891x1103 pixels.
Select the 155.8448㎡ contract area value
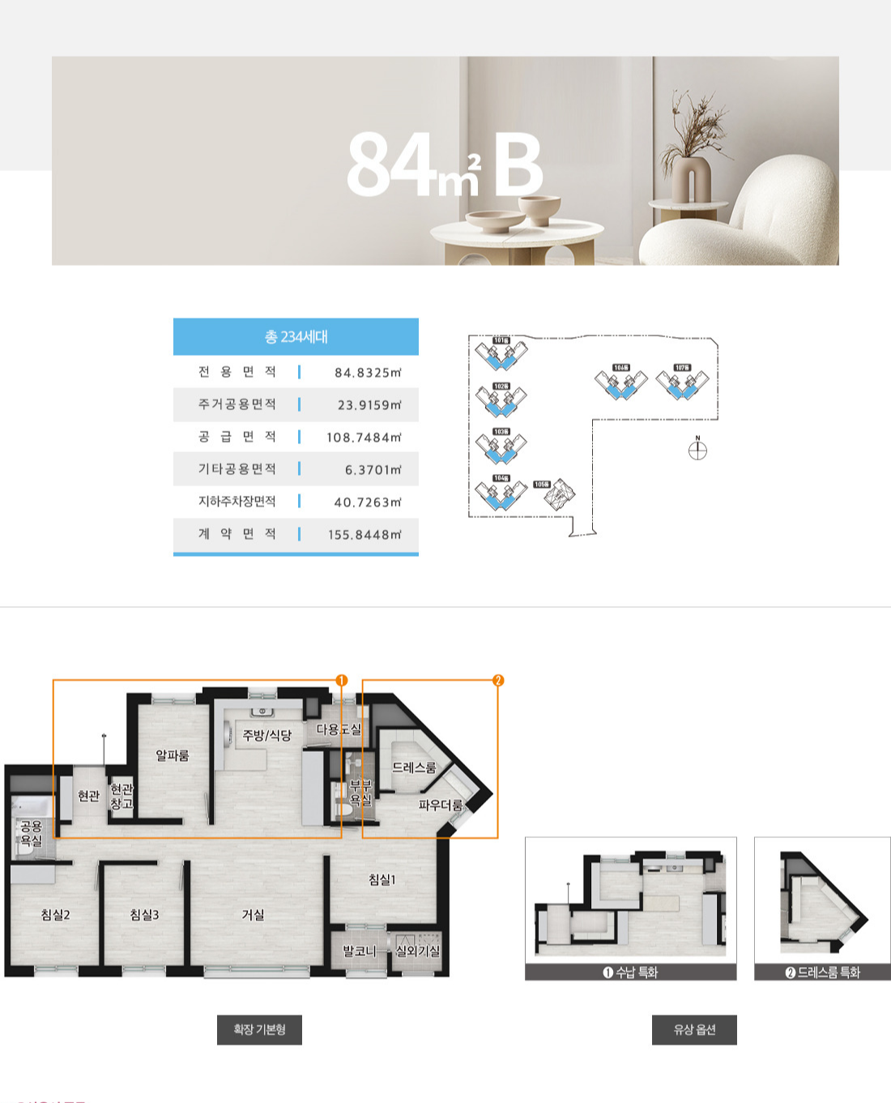(x=364, y=535)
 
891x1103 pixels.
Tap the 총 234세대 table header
(x=296, y=336)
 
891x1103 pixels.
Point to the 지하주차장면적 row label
(x=237, y=502)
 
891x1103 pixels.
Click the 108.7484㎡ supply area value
(x=364, y=438)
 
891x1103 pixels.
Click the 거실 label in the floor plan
(x=253, y=914)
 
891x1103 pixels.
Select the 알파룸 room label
(x=172, y=755)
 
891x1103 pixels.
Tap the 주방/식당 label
(x=266, y=735)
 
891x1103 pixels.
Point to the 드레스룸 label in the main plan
(x=414, y=767)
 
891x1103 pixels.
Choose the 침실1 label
(x=382, y=879)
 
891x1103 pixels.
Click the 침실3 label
(x=144, y=914)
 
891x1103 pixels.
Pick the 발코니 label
(x=359, y=951)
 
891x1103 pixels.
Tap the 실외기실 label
(x=417, y=951)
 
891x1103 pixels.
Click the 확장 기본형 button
(x=259, y=1029)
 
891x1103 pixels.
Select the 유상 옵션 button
(x=694, y=1029)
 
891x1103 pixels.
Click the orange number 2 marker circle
(x=498, y=680)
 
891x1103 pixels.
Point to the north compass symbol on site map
(x=697, y=450)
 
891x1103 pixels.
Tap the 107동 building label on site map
(x=682, y=368)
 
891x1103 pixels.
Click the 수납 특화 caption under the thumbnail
(x=631, y=972)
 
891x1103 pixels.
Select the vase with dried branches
(x=693, y=162)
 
